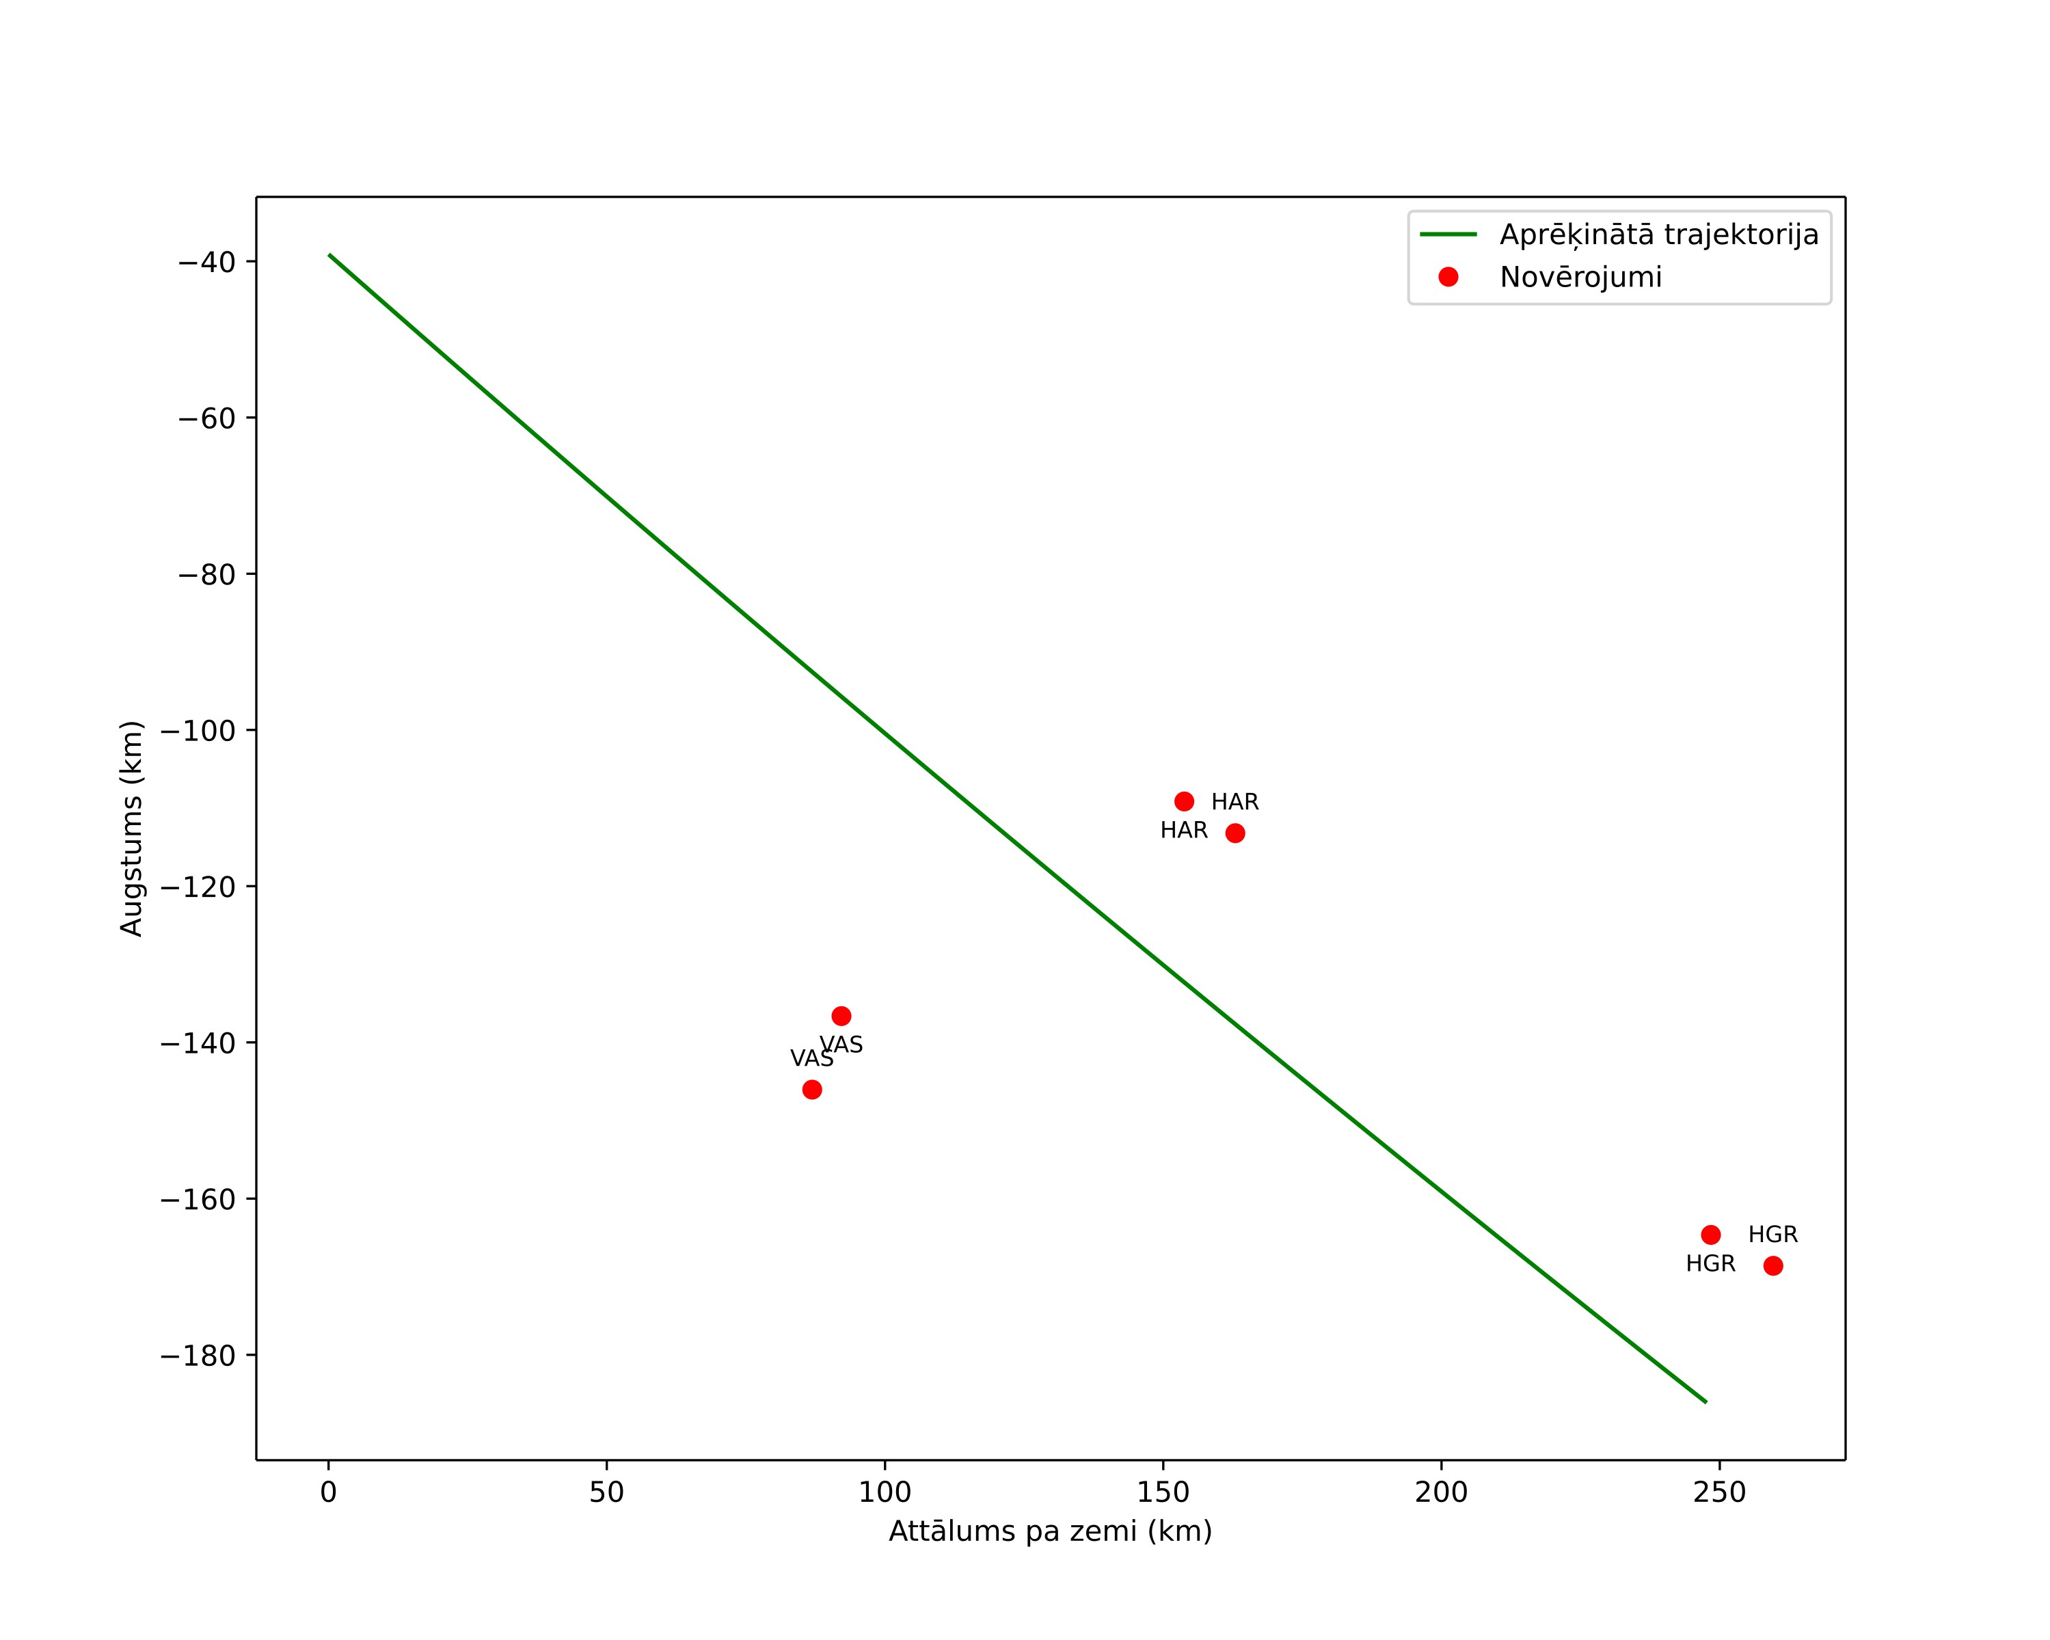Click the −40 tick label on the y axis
click(x=206, y=263)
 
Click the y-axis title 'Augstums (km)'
click(x=131, y=828)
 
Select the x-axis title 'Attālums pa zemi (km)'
click(x=1051, y=1531)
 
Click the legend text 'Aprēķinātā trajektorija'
click(x=1659, y=235)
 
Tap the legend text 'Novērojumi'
click(x=1581, y=278)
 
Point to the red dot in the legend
click(x=1448, y=277)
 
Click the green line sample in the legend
click(x=1448, y=234)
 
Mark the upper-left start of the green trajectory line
click(x=329, y=255)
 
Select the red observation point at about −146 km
click(x=812, y=1090)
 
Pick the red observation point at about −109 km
click(x=1184, y=801)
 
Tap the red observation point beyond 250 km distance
click(x=1773, y=1265)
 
